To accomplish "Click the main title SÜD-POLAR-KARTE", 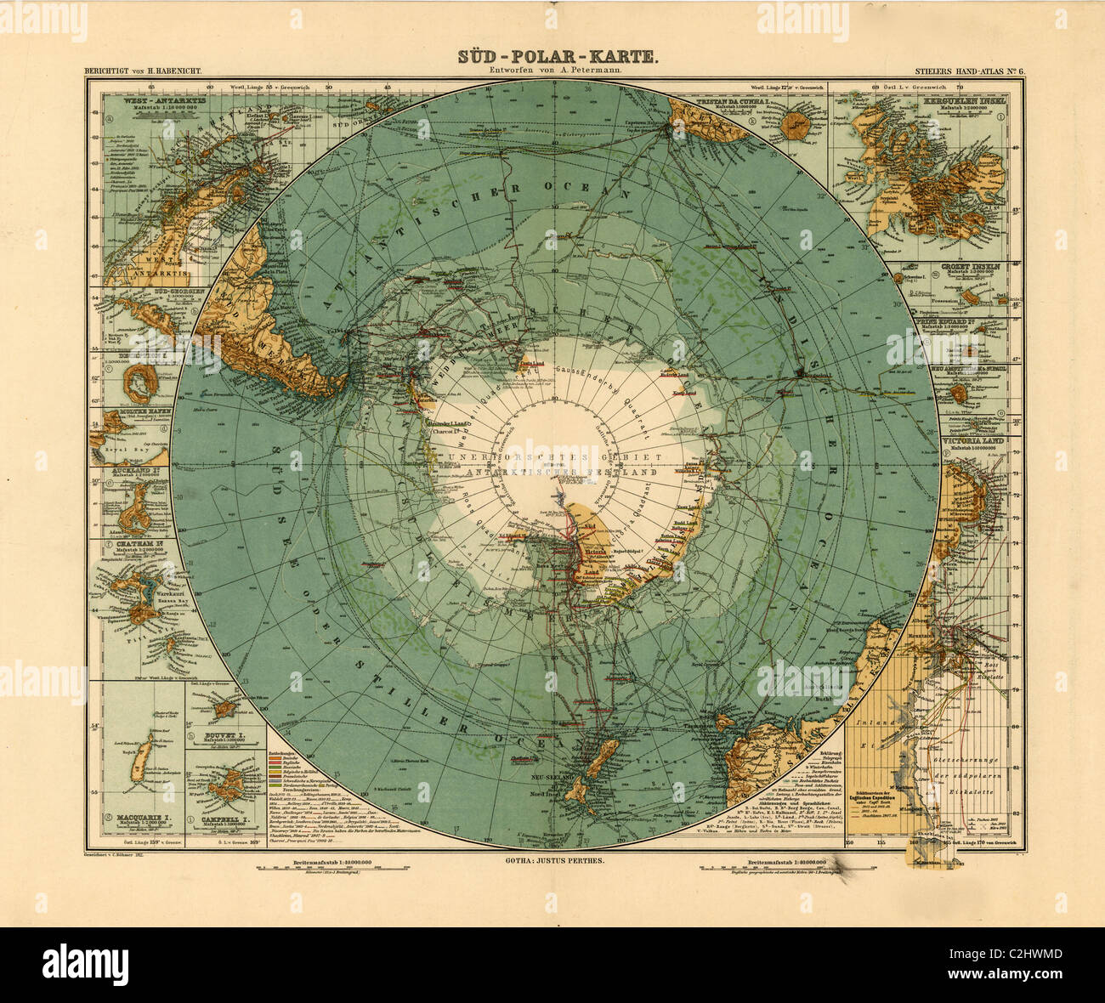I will click(557, 56).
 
